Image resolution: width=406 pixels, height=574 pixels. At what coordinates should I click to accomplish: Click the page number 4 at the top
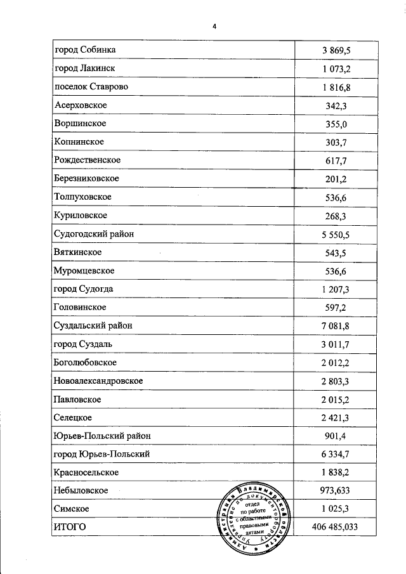214,26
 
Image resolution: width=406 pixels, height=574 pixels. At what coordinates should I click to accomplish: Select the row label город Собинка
85,49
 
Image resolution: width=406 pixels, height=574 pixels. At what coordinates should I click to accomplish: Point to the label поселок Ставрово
91,86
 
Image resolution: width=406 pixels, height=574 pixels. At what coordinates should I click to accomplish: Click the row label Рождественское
88,160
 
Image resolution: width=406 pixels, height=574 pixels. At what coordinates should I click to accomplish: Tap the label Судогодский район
94,233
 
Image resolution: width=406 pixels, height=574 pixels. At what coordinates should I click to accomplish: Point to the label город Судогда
84,289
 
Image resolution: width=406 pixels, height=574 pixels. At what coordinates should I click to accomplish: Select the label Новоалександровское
98,381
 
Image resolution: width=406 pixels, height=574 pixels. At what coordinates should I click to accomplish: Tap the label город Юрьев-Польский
103,454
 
